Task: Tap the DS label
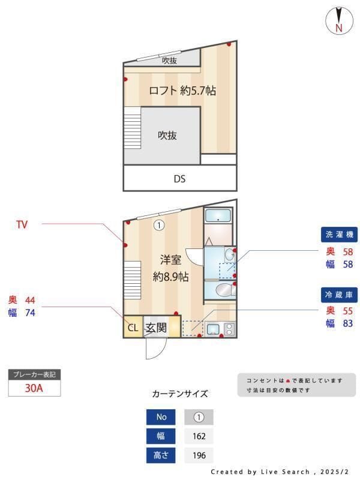pos(179,178)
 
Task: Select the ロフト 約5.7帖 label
pos(182,91)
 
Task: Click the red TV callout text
pos(22,225)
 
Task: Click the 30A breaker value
pos(34,388)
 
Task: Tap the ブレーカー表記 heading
pos(34,374)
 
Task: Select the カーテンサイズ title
pos(180,394)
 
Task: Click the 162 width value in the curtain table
pos(199,436)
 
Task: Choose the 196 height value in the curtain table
pos(199,455)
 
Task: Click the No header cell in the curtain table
pos(161,417)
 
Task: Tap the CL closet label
pos(133,328)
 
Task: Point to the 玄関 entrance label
pos(156,328)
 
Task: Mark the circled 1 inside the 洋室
pos(158,226)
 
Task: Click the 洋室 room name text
pos(170,260)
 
